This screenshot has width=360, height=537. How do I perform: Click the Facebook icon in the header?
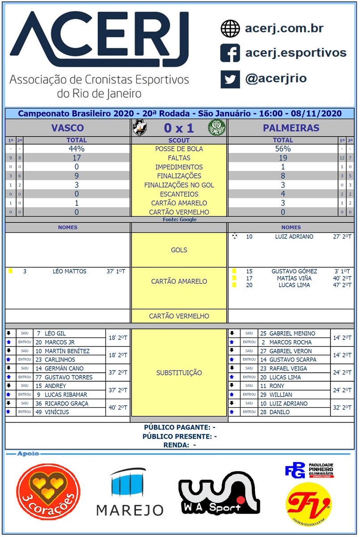(x=230, y=53)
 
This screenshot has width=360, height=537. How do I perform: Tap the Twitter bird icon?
(x=230, y=79)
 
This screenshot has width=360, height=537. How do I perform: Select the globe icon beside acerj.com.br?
(x=230, y=29)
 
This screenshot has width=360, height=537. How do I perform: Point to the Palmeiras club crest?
(x=217, y=128)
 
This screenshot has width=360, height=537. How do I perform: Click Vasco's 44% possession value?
(x=76, y=149)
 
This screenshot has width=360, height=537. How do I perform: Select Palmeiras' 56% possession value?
(x=283, y=149)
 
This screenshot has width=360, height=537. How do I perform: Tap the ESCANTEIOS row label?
(x=179, y=194)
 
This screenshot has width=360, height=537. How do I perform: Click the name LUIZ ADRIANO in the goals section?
(x=294, y=237)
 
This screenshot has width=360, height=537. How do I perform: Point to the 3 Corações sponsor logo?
(x=48, y=490)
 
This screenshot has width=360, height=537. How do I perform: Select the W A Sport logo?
(x=219, y=492)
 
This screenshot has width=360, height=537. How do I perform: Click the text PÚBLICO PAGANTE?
(x=176, y=428)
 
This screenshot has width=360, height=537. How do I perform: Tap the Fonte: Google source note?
(x=179, y=220)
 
